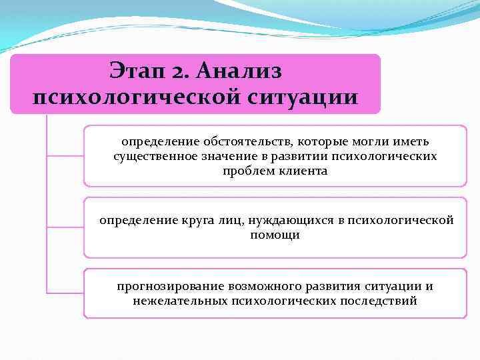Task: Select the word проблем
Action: [x=245, y=171]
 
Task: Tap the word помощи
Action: [x=275, y=235]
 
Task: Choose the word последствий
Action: [x=381, y=301]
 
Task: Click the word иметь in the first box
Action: [x=413, y=142]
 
